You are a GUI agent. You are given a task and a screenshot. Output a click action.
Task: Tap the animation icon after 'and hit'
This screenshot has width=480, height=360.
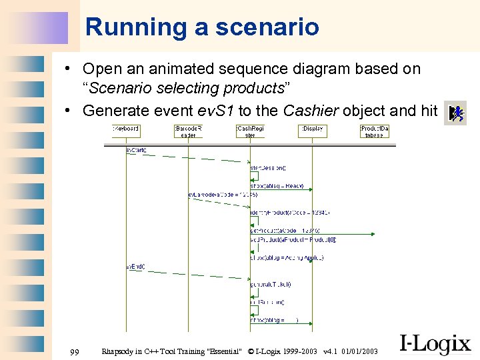pos(457,113)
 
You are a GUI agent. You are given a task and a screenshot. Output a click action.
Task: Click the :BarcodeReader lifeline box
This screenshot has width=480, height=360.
pos(187,131)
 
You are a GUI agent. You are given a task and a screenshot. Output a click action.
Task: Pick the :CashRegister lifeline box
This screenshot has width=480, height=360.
pos(250,131)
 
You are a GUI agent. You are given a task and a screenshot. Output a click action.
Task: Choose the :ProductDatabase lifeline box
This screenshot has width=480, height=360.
pos(375,131)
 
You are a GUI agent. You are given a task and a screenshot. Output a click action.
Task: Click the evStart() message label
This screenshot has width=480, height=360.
pos(136,150)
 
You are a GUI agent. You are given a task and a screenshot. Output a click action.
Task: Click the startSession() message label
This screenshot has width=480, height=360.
pos(268,168)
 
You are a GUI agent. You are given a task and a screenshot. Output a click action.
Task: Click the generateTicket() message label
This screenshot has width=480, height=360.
pos(270,284)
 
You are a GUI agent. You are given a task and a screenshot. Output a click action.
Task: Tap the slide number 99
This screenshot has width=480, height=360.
pos(75,351)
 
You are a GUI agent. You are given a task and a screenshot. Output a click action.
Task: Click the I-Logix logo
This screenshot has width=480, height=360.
pos(435,343)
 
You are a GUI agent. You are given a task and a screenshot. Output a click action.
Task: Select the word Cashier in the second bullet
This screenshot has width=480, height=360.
pos(311,111)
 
